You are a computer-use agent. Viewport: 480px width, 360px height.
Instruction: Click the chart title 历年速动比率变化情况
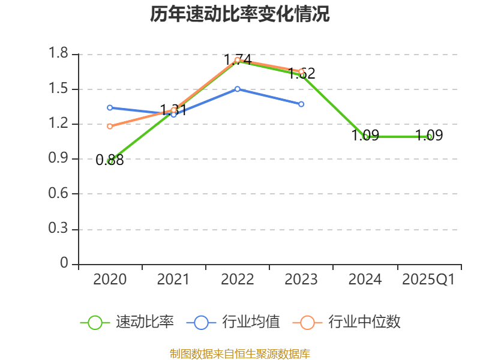tap(240, 14)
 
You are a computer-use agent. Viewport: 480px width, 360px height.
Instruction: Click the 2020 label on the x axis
tap(110, 280)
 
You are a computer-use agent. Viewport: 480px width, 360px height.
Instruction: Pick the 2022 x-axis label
tap(238, 280)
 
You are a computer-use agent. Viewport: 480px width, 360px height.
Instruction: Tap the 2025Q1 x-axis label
tap(428, 280)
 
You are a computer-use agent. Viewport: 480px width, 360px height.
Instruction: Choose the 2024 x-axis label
tap(365, 280)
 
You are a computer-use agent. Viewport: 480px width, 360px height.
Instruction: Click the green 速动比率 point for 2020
tap(110, 161)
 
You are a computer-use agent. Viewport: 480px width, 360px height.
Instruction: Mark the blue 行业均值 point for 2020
tap(110, 108)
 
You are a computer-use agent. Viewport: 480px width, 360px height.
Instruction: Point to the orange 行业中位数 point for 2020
tap(110, 126)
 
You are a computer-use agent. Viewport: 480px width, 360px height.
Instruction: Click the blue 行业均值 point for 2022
tap(238, 89)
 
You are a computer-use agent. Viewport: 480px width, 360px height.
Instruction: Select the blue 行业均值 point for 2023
tap(301, 104)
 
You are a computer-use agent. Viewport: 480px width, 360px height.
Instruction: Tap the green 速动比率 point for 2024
tap(365, 137)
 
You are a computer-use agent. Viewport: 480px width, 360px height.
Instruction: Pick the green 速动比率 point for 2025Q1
tap(429, 137)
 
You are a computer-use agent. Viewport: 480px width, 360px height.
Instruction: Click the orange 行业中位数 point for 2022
tap(238, 59)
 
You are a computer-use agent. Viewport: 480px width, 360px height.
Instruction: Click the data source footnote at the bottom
tap(240, 353)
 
